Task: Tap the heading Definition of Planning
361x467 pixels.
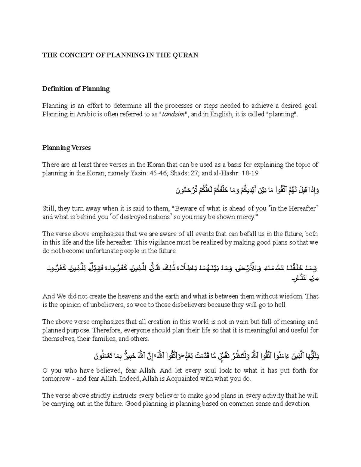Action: point(76,89)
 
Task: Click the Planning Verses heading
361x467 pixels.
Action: point(66,148)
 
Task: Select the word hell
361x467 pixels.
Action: point(281,305)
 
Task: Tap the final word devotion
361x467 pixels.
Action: point(298,404)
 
